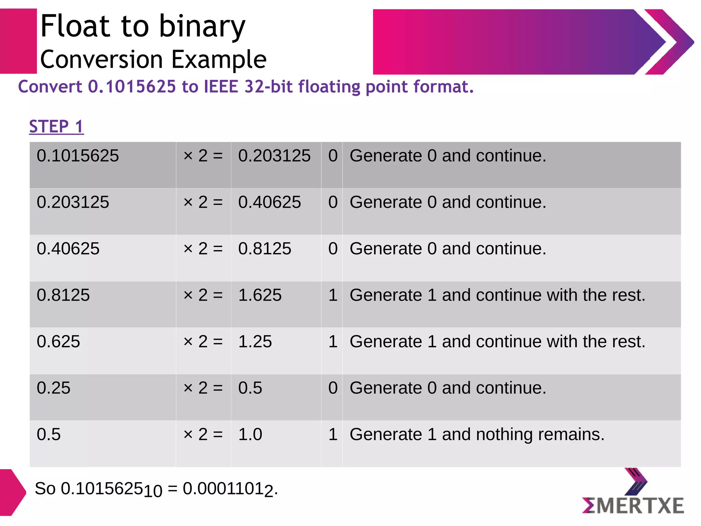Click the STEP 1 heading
(x=56, y=126)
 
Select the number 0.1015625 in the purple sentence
(x=132, y=86)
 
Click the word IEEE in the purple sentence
(x=221, y=86)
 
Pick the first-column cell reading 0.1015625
(x=78, y=156)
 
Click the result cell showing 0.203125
(x=274, y=156)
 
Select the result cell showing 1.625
(x=260, y=295)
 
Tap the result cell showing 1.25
(x=255, y=341)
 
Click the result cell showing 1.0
(x=250, y=434)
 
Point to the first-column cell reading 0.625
(x=58, y=341)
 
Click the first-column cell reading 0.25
(x=53, y=388)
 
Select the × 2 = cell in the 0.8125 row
(x=203, y=295)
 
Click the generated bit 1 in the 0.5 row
(x=333, y=434)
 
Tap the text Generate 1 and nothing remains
(x=477, y=434)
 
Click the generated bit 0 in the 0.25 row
(x=333, y=388)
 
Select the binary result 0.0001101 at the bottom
(x=228, y=489)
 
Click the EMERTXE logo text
(x=633, y=506)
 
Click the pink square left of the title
(x=18, y=41)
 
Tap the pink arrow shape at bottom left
(x=12, y=492)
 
